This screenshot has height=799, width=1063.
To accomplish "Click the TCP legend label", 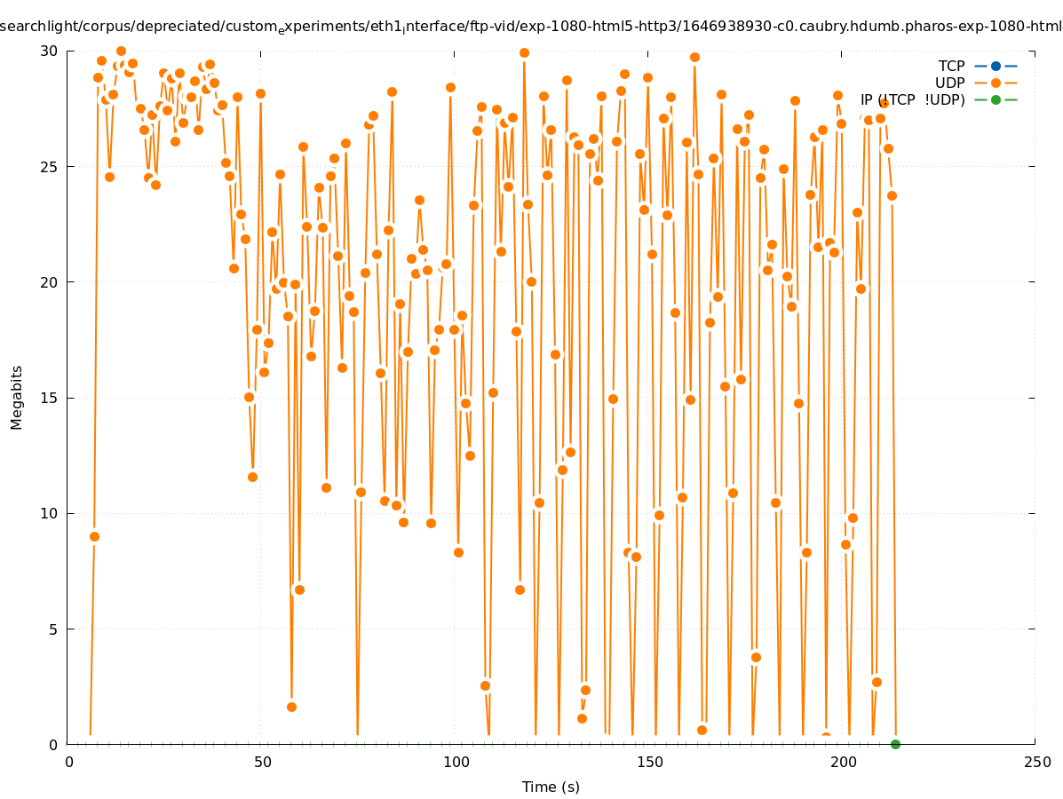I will click(951, 66).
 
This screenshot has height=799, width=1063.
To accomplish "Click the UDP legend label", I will click(949, 83).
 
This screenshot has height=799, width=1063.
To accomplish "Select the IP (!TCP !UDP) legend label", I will click(912, 99).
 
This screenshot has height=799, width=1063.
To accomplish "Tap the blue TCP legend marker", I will click(996, 66).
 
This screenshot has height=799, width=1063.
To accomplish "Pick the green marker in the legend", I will click(996, 99).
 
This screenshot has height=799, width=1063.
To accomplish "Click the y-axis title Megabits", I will click(17, 397).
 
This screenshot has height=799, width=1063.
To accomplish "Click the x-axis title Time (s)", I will click(551, 787).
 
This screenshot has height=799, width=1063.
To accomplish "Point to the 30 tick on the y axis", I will click(49, 51).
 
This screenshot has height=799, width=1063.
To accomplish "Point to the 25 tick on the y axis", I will click(49, 166).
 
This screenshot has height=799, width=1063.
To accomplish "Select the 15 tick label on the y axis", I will click(49, 398).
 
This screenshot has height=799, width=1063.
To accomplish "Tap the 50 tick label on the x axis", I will click(262, 762).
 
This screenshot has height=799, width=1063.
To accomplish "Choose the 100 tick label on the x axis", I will click(456, 762).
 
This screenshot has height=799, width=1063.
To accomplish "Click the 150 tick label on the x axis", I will click(649, 762).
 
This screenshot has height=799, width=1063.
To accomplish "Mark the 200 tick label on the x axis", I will click(843, 762).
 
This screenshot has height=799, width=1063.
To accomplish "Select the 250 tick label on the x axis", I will click(1036, 762).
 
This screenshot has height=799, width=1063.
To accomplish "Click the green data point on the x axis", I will click(895, 744).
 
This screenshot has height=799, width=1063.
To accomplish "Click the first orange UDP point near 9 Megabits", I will click(94, 536).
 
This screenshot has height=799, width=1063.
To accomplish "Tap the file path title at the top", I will click(531, 27).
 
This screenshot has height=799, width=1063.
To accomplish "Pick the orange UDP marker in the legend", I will click(996, 83).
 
